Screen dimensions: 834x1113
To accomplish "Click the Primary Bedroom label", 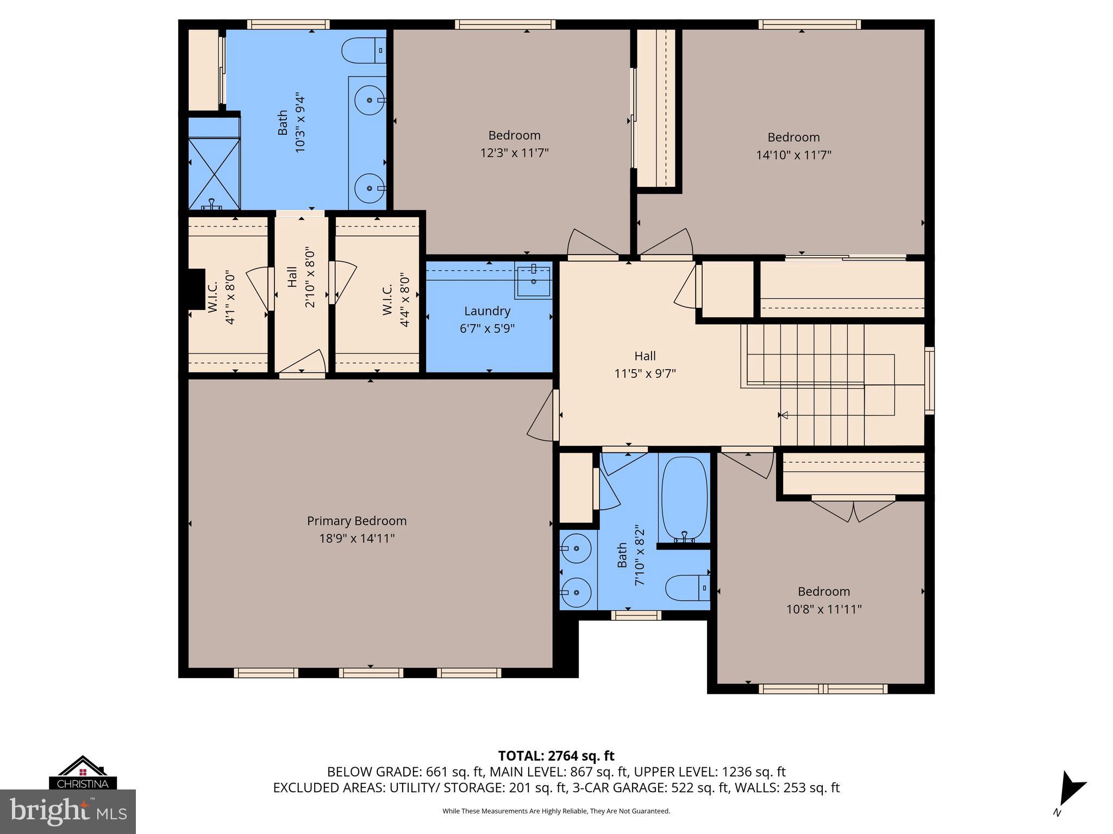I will pyautogui.click(x=357, y=521).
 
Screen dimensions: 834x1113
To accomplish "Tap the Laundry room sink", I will pyautogui.click(x=534, y=281).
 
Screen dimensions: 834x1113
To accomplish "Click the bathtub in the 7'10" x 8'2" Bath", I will pyautogui.click(x=684, y=497).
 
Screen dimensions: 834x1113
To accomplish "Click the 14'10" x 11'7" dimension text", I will pyautogui.click(x=793, y=155).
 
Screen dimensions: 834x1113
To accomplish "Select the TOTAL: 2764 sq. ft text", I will pyautogui.click(x=556, y=755).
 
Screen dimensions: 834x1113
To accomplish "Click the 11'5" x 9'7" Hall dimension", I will pyautogui.click(x=645, y=374).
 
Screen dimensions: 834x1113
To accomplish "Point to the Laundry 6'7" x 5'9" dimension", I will pyautogui.click(x=487, y=328).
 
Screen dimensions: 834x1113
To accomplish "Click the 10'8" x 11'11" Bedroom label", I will pyautogui.click(x=823, y=591).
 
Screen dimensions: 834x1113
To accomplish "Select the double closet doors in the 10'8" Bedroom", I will pyautogui.click(x=853, y=509).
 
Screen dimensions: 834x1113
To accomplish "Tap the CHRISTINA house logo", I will pyautogui.click(x=82, y=773).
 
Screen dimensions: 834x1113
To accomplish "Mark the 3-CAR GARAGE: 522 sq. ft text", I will pyautogui.click(x=650, y=787).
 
